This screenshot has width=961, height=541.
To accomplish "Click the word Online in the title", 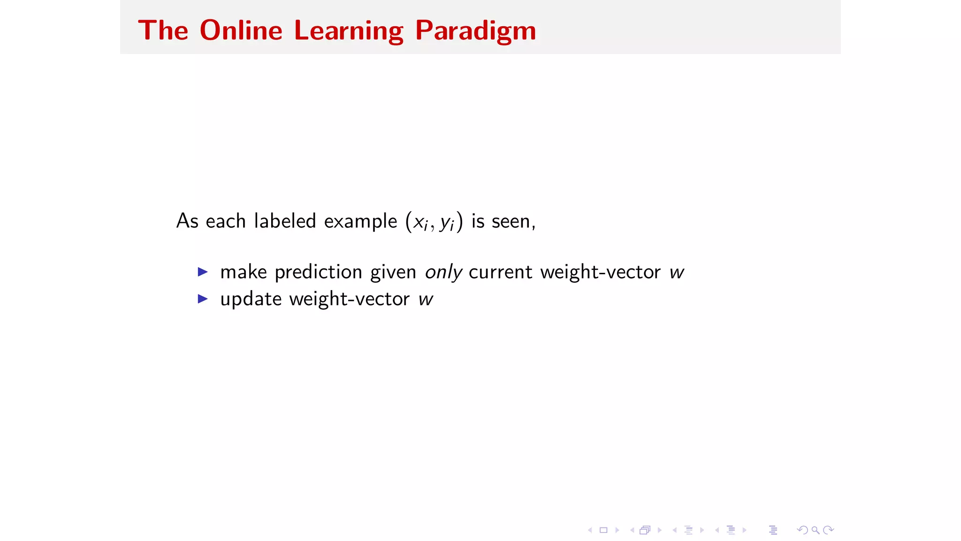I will pyautogui.click(x=241, y=31).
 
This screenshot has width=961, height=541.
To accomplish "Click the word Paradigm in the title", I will pyautogui.click(x=475, y=31).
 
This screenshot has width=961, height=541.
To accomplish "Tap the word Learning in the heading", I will pyautogui.click(x=348, y=31).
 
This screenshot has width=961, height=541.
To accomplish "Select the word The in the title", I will pyautogui.click(x=163, y=31).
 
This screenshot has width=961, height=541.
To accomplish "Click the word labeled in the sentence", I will pyautogui.click(x=285, y=221).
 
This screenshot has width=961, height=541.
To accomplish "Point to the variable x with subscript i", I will pyautogui.click(x=420, y=222).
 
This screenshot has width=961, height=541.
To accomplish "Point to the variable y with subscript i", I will pyautogui.click(x=447, y=223).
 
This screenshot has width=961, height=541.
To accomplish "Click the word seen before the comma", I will pyautogui.click(x=511, y=221).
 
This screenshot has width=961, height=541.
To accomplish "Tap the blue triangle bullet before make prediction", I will pyautogui.click(x=203, y=272).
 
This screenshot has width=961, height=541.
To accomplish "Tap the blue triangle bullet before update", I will pyautogui.click(x=203, y=299).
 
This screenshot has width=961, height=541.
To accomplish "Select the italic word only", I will pyautogui.click(x=443, y=272).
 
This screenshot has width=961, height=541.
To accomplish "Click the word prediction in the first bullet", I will pyautogui.click(x=318, y=272).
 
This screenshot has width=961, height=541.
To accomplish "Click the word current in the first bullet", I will pyautogui.click(x=500, y=272).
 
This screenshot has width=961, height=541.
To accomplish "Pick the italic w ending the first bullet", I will pyautogui.click(x=676, y=272).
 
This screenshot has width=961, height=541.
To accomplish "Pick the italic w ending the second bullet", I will pyautogui.click(x=426, y=299).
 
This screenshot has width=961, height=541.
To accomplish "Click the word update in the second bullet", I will pyautogui.click(x=251, y=299).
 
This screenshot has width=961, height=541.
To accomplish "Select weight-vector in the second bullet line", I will pyautogui.click(x=349, y=299).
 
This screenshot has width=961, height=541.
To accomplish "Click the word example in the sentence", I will pyautogui.click(x=360, y=221).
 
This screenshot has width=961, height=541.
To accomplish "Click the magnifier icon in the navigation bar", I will pyautogui.click(x=816, y=530).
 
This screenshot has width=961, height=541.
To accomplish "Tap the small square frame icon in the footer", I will pyautogui.click(x=603, y=530).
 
